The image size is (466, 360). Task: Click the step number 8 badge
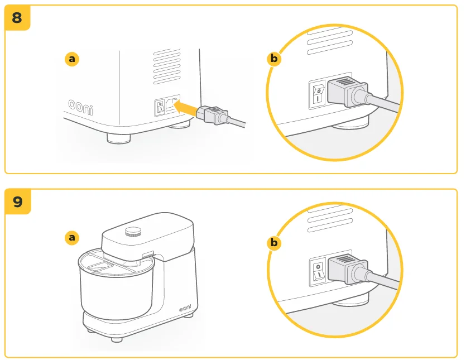pos(17,17)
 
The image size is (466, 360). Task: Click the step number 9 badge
pos(17,201)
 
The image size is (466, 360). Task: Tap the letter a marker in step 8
pos(71,59)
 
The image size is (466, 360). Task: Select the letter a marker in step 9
pos(71,238)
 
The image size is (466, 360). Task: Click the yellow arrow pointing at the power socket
pos(185,108)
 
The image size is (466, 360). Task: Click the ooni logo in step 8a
pos(81,106)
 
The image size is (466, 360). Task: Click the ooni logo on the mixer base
pos(186,308)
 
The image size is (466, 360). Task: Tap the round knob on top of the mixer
pos(133,231)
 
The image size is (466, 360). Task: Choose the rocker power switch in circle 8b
pos(318,94)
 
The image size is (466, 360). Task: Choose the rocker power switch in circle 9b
pos(318,270)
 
